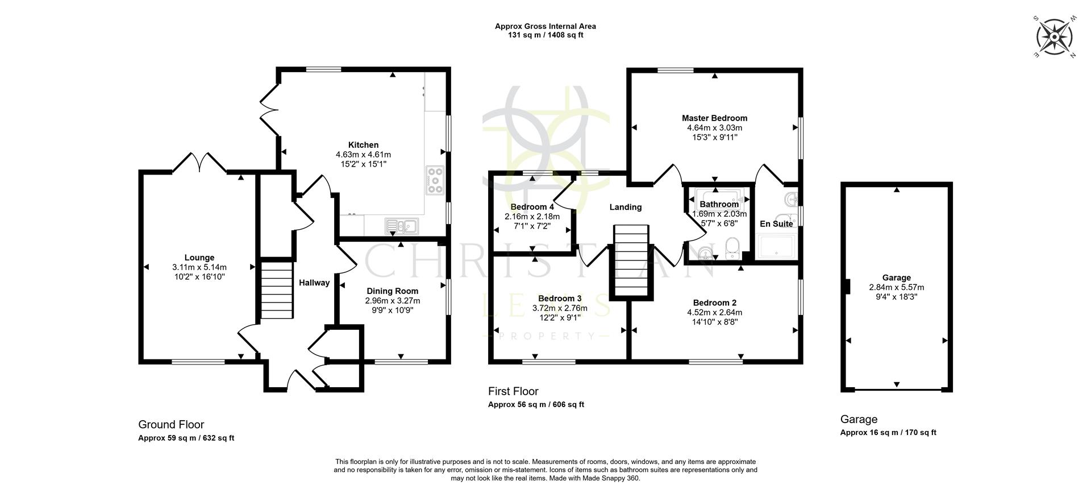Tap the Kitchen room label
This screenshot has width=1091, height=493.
[363, 145]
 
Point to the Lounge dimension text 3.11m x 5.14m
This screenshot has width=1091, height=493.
[199, 267]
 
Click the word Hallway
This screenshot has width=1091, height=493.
[314, 283]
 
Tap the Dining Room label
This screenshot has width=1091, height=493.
[392, 291]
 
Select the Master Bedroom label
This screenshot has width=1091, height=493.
[714, 118]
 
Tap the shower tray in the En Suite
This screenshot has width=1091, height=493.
[776, 247]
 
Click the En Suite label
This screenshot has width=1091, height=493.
[776, 224]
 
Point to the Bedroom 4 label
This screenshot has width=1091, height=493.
[532, 207]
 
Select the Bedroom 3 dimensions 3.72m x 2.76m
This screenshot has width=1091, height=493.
[560, 308]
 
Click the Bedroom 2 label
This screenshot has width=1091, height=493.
[714, 303]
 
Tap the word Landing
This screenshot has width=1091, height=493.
[626, 207]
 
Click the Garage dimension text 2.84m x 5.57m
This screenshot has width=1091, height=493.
[896, 287]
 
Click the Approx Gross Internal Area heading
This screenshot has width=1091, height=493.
[545, 26]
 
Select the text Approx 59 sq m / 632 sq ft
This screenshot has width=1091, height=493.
[186, 438]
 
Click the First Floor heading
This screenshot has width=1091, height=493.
[513, 391]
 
